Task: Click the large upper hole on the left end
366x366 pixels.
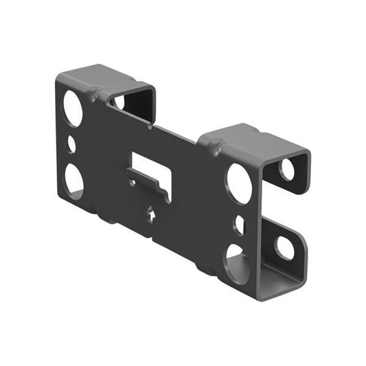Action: point(73,108)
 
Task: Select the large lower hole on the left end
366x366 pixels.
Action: point(73,180)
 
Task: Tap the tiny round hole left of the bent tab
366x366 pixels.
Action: point(130,183)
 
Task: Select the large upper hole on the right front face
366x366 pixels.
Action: point(239,183)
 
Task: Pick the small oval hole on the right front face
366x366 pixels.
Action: point(238,224)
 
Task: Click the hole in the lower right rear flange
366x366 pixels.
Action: point(284,247)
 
